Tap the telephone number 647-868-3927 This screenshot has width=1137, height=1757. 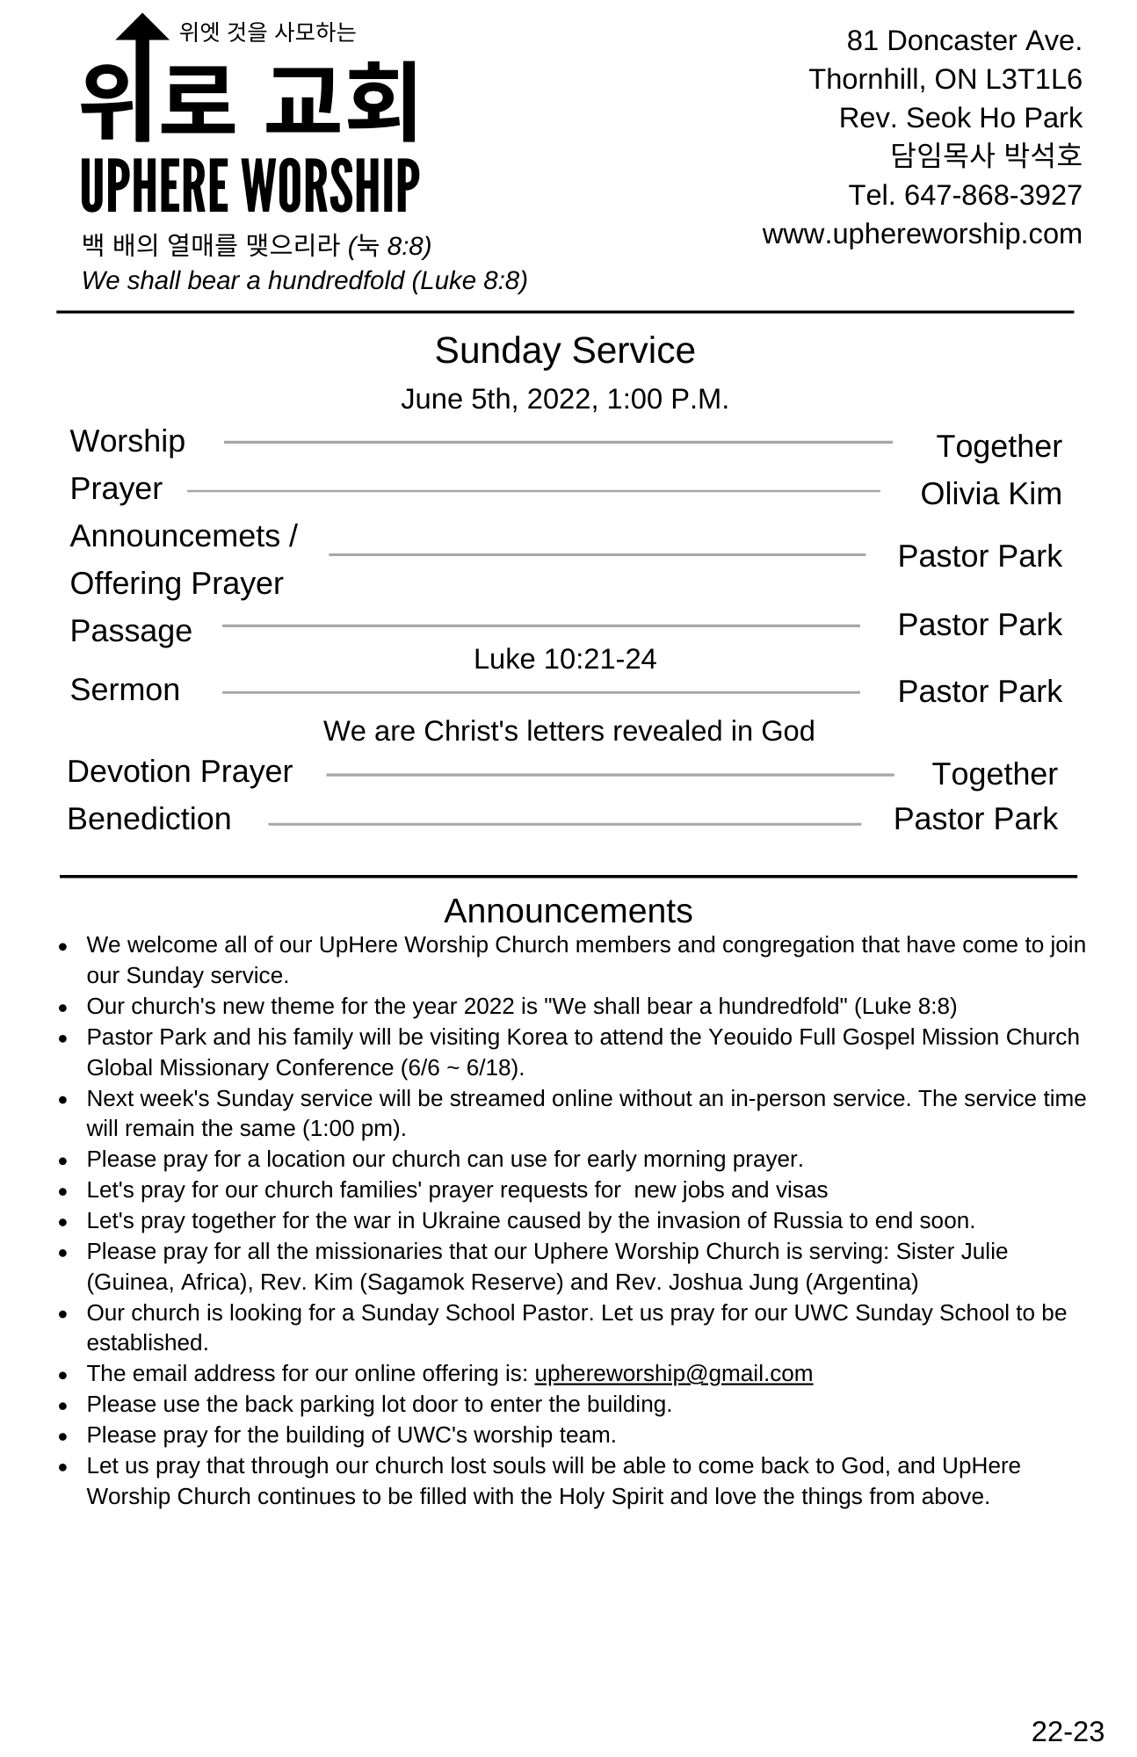[993, 195]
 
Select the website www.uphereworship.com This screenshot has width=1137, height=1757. [922, 235]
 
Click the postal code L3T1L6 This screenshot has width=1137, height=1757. [1033, 80]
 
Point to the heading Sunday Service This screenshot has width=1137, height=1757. [564, 351]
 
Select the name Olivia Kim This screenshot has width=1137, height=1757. [990, 494]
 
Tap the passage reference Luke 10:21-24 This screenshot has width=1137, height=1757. [564, 659]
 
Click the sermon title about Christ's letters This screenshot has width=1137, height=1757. [568, 731]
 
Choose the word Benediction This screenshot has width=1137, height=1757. [149, 819]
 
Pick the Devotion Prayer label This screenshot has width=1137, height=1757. [179, 771]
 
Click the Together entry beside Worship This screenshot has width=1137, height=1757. [998, 446]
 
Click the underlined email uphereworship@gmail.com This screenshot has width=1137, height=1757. [673, 1373]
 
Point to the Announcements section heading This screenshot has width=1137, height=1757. [568, 911]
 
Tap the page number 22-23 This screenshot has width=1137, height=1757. [1067, 1732]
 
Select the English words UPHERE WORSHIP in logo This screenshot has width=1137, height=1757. [250, 186]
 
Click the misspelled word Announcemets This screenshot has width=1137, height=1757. [175, 536]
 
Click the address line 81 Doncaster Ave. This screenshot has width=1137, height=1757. [964, 41]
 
